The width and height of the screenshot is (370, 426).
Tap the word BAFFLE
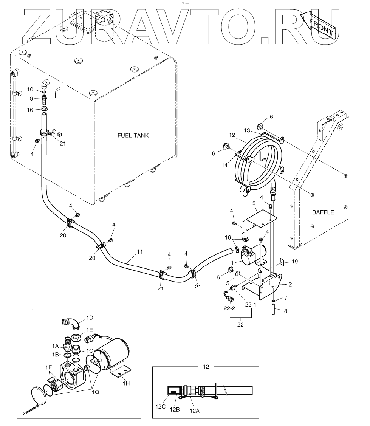point(323,212)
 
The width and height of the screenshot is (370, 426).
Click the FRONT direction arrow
point(317,25)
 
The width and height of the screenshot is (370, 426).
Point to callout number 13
point(247,130)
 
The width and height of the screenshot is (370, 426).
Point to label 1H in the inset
point(126,383)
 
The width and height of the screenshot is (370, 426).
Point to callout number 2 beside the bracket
point(290,284)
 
